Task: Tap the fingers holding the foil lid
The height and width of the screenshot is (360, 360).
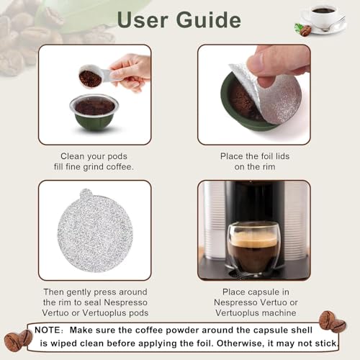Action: click(277, 61)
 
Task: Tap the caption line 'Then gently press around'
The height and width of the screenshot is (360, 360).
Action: click(94, 292)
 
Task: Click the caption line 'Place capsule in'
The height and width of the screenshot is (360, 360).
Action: click(254, 292)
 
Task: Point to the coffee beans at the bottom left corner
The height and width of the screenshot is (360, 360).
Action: click(17, 340)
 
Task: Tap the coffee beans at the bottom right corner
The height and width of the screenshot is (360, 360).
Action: click(333, 320)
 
